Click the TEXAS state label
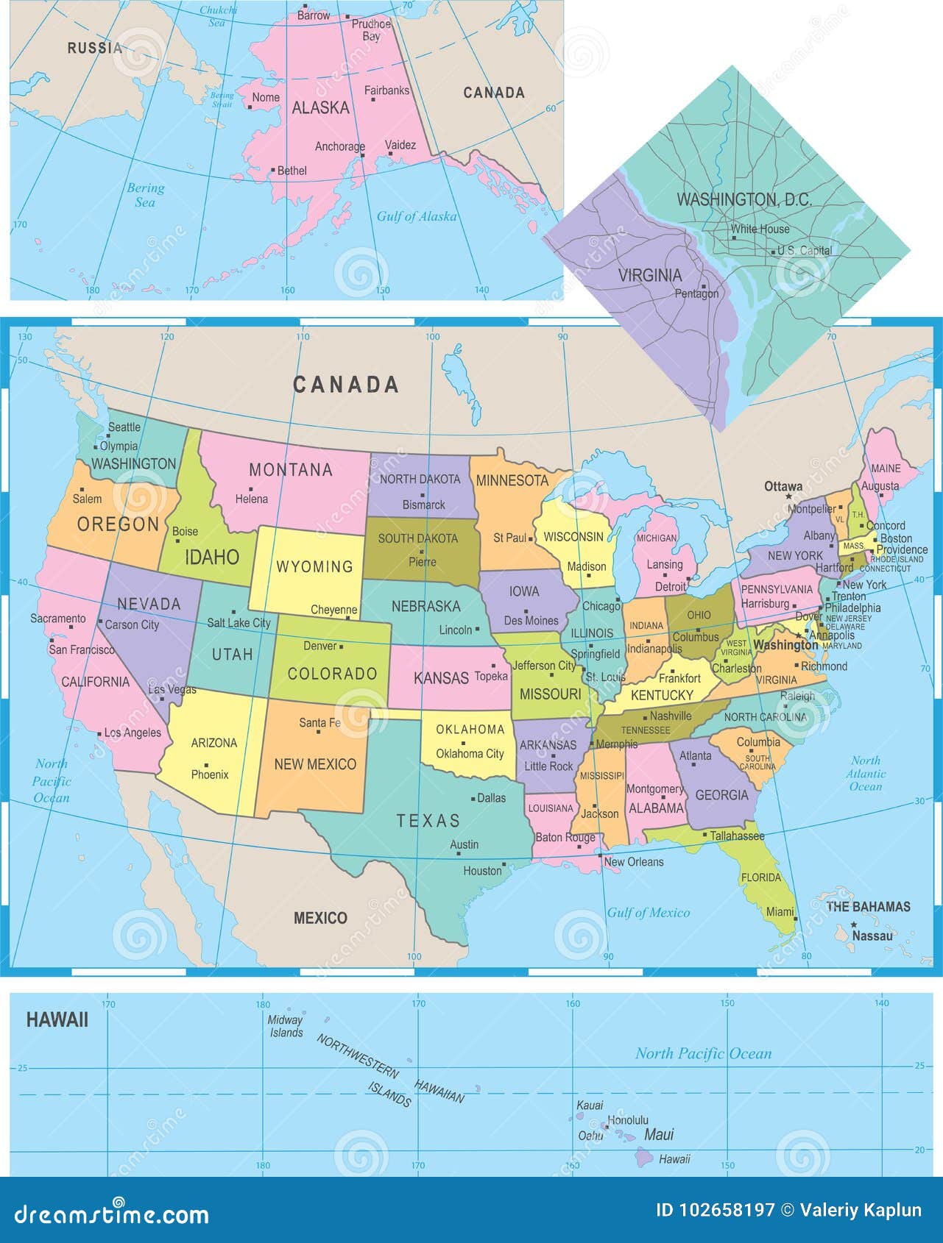(428, 820)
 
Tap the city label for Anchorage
(339, 146)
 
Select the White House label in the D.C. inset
(760, 229)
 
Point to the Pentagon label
(696, 293)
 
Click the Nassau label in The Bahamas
(872, 936)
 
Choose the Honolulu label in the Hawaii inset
(627, 1120)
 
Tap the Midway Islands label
(286, 1026)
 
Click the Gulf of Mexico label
(648, 913)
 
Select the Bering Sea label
(145, 195)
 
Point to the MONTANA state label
(291, 469)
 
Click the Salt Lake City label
(239, 622)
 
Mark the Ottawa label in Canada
(783, 486)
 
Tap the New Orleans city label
(634, 861)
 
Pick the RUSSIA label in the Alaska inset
(95, 48)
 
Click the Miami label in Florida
(780, 912)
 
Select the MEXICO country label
(320, 917)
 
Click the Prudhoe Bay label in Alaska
(371, 30)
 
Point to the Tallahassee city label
(737, 836)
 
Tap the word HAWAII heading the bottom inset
(57, 1019)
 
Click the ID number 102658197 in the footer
(715, 1210)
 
